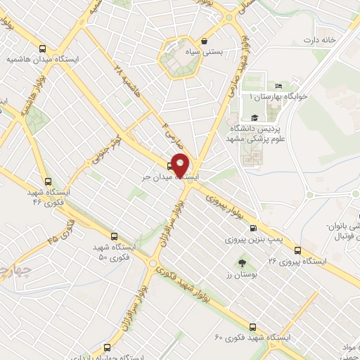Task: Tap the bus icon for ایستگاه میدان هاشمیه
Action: pyautogui.click(x=44, y=49)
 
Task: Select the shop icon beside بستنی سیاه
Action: pyautogui.click(x=204, y=41)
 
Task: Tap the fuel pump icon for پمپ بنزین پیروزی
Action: pyautogui.click(x=253, y=227)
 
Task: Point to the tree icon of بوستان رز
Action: pyautogui.click(x=242, y=261)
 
